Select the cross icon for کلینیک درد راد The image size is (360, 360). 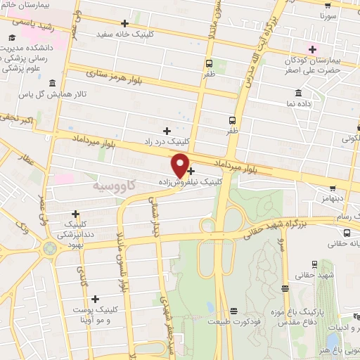167,131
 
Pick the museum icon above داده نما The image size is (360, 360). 299,94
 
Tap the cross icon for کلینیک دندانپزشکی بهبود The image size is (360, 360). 75,214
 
